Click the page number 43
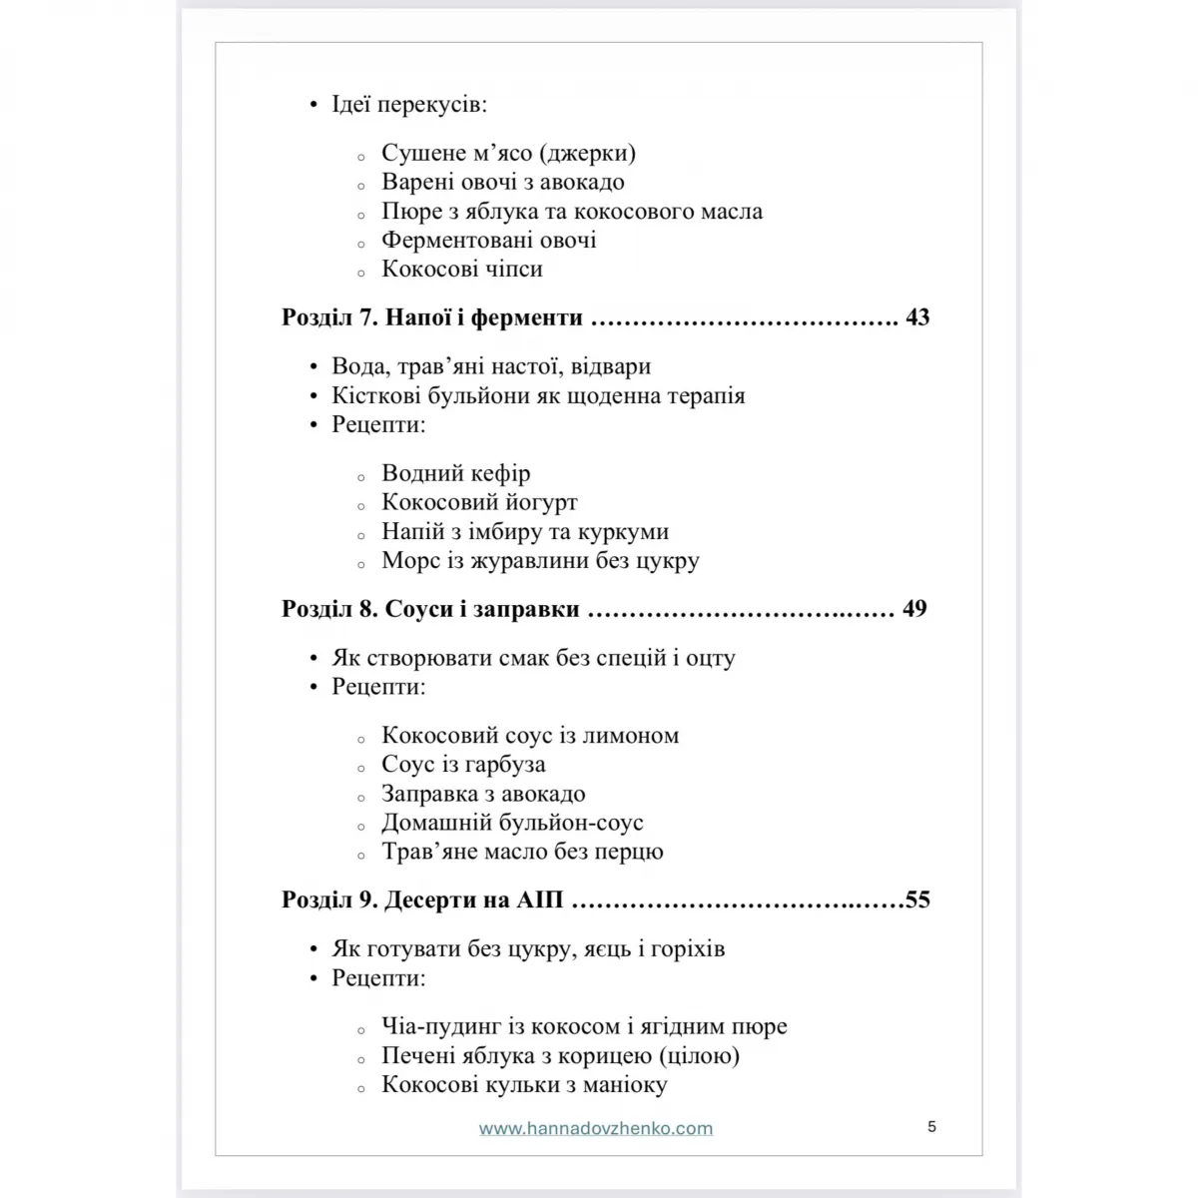[x=917, y=317]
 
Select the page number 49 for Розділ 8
[x=914, y=609]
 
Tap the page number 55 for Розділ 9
[x=917, y=899]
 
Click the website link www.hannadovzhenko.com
[x=596, y=1129]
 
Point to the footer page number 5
[x=931, y=1127]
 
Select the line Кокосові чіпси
[x=462, y=270]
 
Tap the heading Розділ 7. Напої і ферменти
[x=432, y=317]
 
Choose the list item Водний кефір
[x=456, y=473]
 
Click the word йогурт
[x=542, y=502]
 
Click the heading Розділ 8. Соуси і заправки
[x=430, y=609]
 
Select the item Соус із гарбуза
[x=463, y=765]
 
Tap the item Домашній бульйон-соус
[x=512, y=823]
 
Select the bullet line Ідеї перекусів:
[x=409, y=104]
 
